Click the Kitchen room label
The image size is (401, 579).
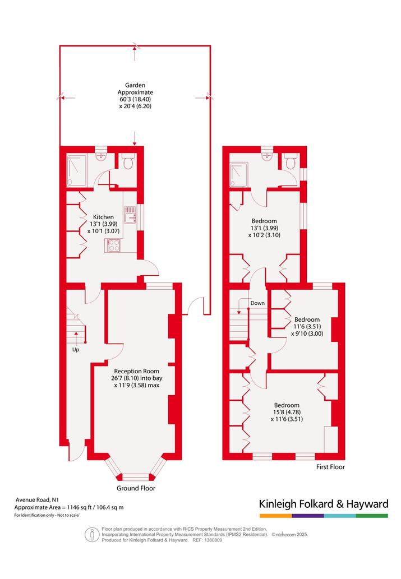(x=104, y=217)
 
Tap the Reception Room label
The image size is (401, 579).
(x=136, y=371)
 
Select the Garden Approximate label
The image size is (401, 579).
(x=135, y=89)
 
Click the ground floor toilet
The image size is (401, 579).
(x=128, y=161)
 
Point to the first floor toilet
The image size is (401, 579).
(x=290, y=161)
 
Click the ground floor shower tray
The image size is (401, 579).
(x=77, y=170)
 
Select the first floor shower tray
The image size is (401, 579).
(x=239, y=175)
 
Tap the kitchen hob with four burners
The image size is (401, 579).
(x=113, y=245)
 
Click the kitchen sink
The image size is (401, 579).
(x=131, y=215)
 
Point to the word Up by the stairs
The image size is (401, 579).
(x=75, y=349)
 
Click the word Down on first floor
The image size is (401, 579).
(x=257, y=303)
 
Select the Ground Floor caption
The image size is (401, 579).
(x=136, y=488)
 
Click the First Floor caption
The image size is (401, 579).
(x=330, y=467)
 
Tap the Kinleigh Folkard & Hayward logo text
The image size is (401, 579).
(x=324, y=504)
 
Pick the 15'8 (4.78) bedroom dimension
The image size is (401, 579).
(x=287, y=412)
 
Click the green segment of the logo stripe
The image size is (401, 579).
(x=372, y=516)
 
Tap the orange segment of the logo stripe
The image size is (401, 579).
(x=275, y=516)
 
